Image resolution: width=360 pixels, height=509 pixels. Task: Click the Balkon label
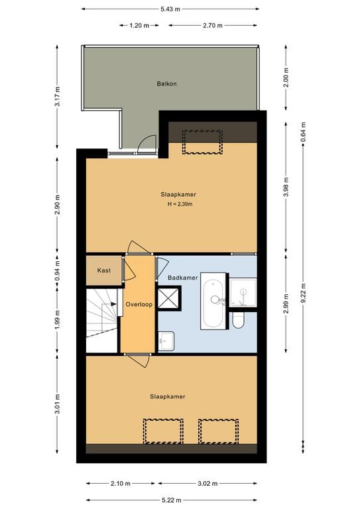click(166, 84)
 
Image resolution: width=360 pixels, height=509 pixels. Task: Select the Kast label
click(103, 270)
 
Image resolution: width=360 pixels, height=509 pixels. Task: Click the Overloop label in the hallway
click(139, 304)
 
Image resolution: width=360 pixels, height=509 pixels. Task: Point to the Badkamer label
click(182, 278)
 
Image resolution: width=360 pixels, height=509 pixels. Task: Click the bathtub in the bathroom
click(214, 302)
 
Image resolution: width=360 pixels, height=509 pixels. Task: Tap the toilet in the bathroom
click(239, 321)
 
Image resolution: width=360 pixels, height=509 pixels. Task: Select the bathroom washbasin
click(166, 341)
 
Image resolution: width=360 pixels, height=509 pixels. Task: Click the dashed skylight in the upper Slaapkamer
click(202, 142)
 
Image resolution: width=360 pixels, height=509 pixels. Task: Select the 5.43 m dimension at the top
click(170, 10)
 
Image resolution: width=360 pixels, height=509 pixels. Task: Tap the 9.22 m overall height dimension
click(303, 299)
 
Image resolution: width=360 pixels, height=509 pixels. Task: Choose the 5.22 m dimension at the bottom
click(170, 501)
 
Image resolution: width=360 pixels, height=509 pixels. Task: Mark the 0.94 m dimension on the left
click(58, 270)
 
